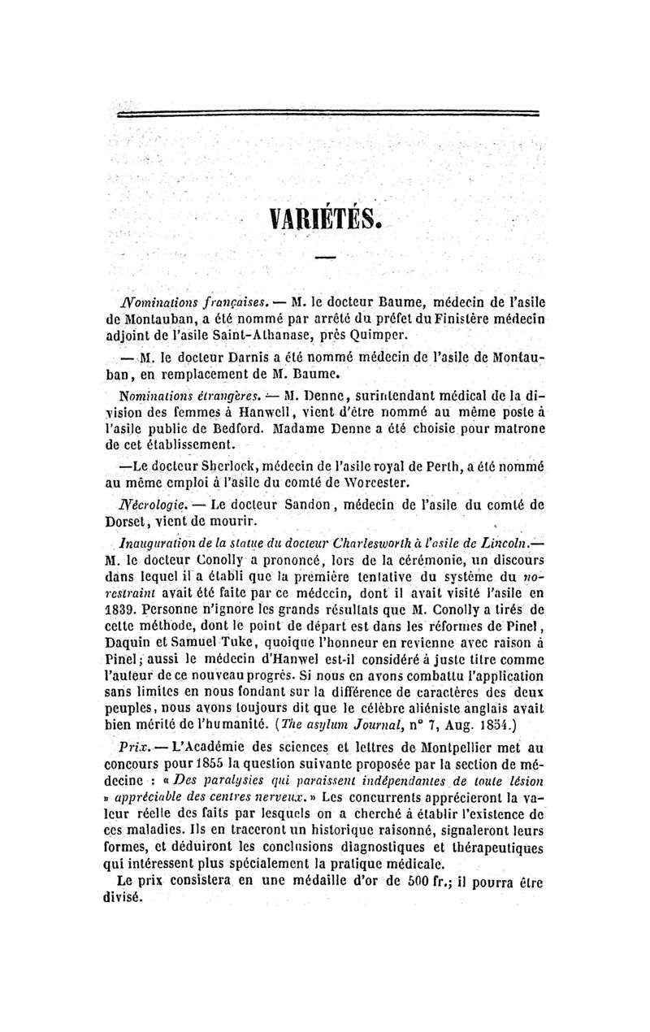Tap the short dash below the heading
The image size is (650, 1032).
pyautogui.click(x=325, y=258)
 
